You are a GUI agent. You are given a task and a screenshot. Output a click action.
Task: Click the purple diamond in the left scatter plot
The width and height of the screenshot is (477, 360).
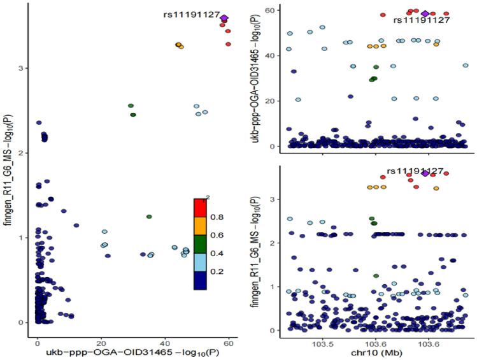pos(224,18)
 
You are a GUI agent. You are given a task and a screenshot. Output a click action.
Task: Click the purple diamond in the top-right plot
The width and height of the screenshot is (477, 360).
pos(425,13)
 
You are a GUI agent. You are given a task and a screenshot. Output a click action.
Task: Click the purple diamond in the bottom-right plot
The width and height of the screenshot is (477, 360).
pos(425,173)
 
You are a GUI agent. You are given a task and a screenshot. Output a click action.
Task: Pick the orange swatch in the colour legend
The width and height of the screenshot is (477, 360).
pos(201,227)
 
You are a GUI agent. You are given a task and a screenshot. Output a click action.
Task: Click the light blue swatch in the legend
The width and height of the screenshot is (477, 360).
pos(201,263)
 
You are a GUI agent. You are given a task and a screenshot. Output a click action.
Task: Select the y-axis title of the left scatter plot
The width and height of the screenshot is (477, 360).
pos(7,172)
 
